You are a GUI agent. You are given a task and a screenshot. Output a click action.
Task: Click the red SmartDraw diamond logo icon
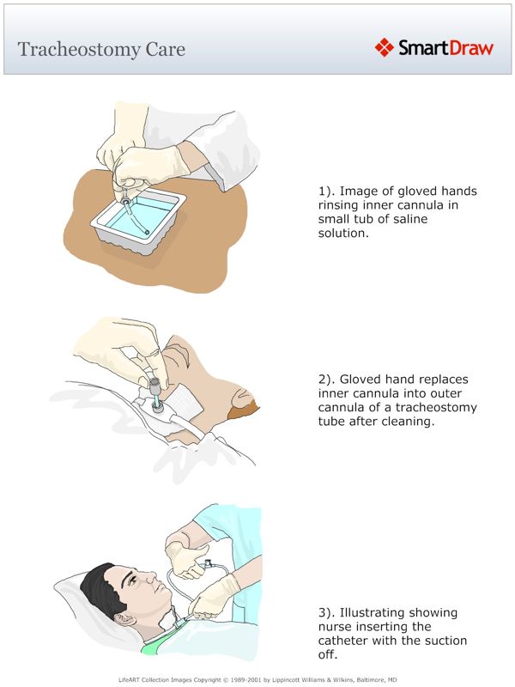pos(384,47)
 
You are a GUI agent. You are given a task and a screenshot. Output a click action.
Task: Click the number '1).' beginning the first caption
pos(327,192)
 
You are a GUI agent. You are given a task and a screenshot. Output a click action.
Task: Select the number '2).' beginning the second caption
pos(327,379)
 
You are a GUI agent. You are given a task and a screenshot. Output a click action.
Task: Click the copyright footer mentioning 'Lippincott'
pos(257,679)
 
